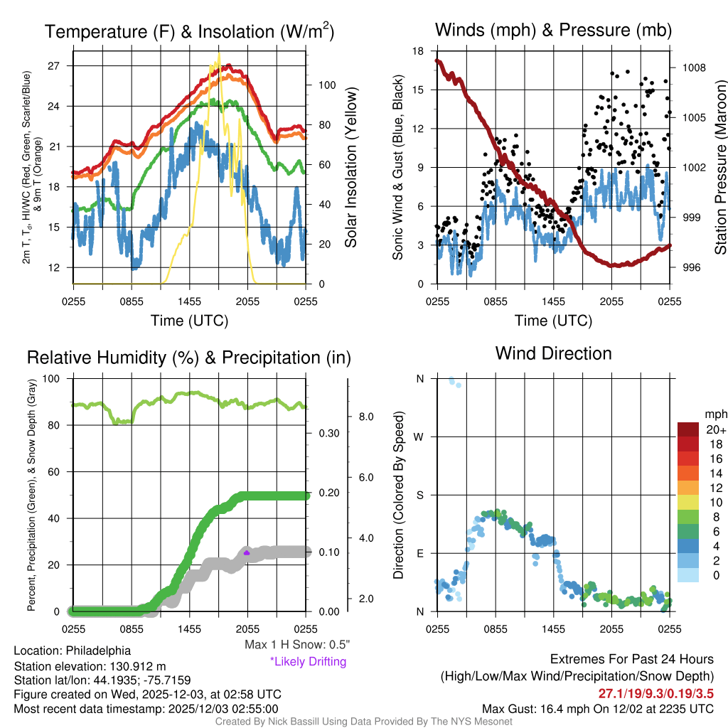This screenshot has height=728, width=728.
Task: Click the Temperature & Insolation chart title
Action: click(x=189, y=31)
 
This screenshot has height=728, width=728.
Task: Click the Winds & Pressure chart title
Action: click(x=553, y=30)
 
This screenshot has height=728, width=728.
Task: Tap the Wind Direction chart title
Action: click(x=553, y=353)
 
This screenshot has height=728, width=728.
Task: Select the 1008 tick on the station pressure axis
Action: click(x=692, y=68)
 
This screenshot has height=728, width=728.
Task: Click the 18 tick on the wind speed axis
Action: click(x=418, y=51)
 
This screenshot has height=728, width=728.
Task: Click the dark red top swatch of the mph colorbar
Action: click(x=690, y=429)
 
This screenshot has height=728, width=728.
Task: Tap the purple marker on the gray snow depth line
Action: click(x=247, y=552)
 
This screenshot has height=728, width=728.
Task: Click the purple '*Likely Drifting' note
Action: click(x=308, y=662)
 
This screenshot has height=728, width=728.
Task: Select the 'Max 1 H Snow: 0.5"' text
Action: click(x=296, y=645)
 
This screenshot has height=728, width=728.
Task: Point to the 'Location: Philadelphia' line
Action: click(x=72, y=651)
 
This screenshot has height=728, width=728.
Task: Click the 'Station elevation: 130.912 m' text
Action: click(x=90, y=666)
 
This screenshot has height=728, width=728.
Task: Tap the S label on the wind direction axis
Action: click(x=419, y=495)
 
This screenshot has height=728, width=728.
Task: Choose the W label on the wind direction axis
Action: click(x=419, y=437)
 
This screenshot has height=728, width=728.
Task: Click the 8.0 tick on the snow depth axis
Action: click(x=367, y=417)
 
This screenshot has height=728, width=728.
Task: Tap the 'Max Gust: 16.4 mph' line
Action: click(x=597, y=709)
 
